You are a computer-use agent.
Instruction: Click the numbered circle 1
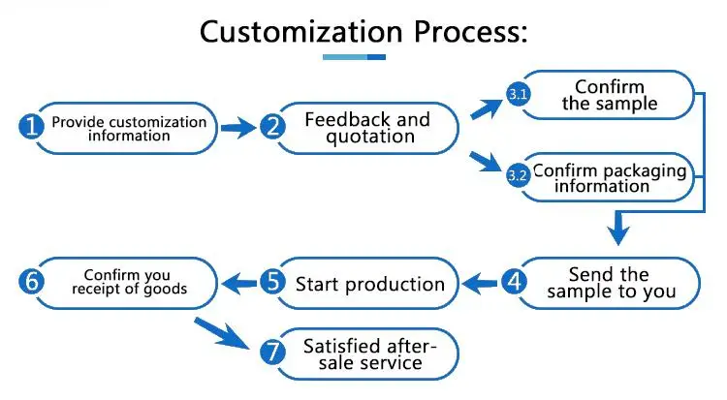[x=31, y=127]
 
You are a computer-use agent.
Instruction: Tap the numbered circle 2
[x=272, y=127]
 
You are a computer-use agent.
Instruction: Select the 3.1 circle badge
[x=518, y=95]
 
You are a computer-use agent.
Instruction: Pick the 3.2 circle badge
[x=518, y=175]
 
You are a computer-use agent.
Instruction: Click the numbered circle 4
[x=514, y=281]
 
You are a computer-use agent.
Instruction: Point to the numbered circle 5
[x=272, y=281]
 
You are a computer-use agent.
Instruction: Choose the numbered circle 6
[x=31, y=281]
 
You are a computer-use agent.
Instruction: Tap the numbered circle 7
[x=272, y=352]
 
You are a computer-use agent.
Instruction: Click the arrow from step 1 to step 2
[x=238, y=128]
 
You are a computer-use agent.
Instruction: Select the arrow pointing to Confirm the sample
[x=487, y=108]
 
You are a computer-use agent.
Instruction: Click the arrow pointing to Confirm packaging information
[x=486, y=162]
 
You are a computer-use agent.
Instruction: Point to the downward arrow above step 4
[x=618, y=228]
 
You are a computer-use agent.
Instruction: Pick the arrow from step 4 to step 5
[x=481, y=283]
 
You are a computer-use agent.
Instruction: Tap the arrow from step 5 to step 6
[x=239, y=283]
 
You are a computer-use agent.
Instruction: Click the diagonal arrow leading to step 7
[x=222, y=333]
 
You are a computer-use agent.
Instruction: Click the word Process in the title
[x=470, y=32]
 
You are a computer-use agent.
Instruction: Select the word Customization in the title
[x=300, y=32]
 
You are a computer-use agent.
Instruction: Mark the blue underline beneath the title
[x=354, y=57]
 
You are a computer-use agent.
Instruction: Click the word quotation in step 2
[x=370, y=137]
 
